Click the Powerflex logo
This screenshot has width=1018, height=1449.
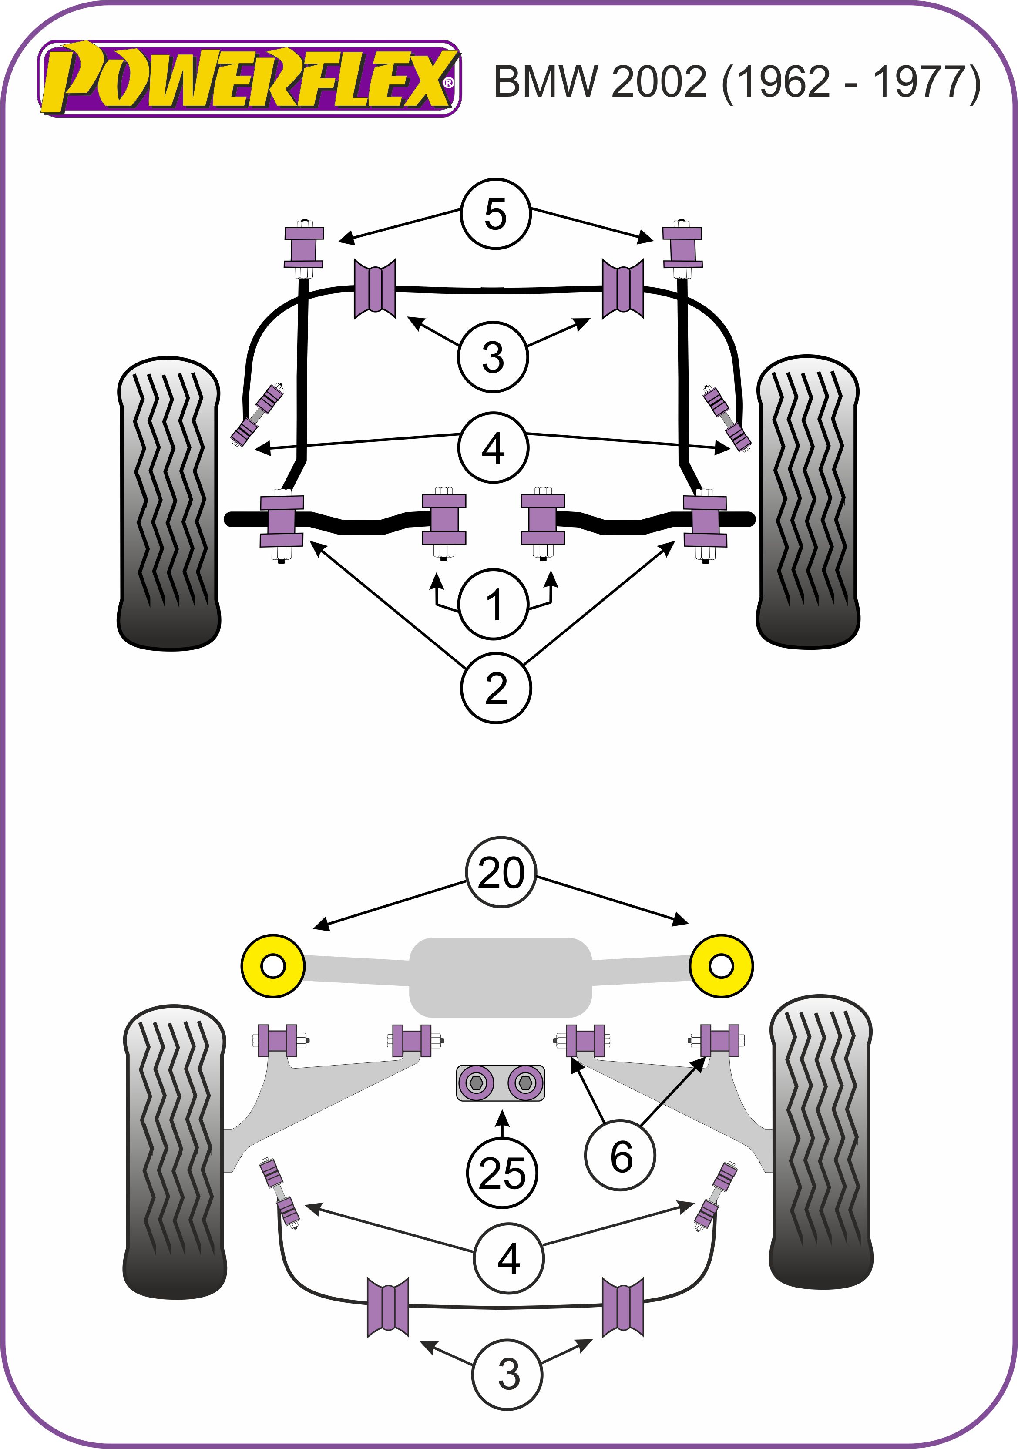[249, 79]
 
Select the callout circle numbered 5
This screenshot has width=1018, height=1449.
[495, 213]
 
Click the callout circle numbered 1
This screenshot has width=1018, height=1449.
[493, 604]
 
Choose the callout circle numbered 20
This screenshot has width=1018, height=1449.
[501, 873]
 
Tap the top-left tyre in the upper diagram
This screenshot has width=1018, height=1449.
[169, 503]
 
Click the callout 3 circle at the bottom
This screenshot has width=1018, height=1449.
[508, 1375]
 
